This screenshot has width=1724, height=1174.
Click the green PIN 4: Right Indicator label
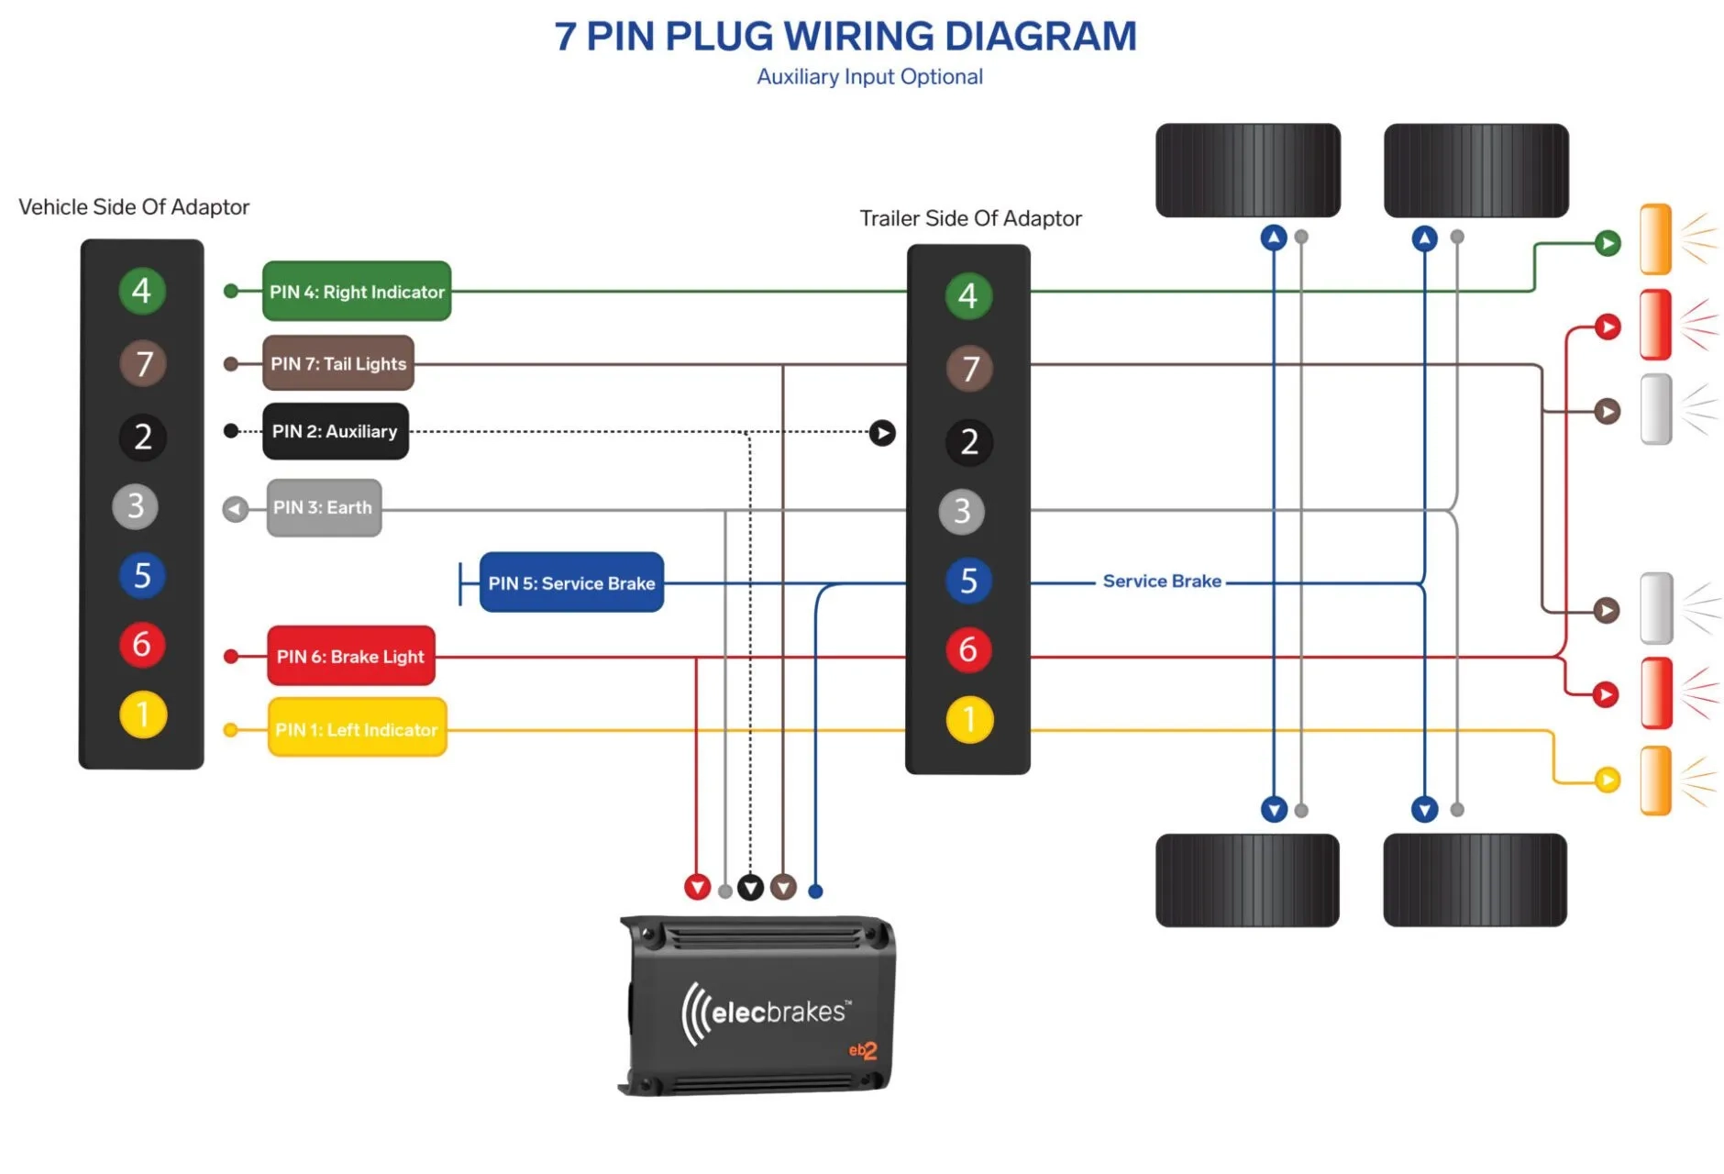coord(356,292)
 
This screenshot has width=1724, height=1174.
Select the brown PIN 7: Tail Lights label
coord(337,363)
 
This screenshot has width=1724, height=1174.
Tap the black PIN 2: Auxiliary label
coord(335,431)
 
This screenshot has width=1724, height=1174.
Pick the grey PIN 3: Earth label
coord(323,507)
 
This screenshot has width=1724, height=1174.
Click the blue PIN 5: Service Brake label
coord(570,582)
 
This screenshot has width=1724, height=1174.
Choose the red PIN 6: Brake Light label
coord(350,657)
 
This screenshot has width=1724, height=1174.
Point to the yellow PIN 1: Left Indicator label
coord(357,729)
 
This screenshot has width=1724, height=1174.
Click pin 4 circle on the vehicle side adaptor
coord(141,291)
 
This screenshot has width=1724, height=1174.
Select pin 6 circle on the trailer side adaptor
coord(968,649)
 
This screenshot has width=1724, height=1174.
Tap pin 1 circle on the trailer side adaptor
coord(968,720)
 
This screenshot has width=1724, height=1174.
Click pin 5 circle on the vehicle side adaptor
coord(142,576)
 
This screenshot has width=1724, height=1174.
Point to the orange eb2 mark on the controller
coord(863,1051)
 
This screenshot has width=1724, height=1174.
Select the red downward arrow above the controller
coord(697,887)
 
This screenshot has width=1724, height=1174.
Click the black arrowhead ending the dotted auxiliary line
coord(881,432)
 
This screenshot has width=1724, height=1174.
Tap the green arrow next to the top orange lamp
coord(1607,243)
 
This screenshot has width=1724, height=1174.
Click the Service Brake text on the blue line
coord(1161,581)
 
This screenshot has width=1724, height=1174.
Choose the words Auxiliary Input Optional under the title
coord(869,77)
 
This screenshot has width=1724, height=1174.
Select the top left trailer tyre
coord(1247,171)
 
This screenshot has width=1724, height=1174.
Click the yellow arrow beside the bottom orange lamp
coord(1607,780)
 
